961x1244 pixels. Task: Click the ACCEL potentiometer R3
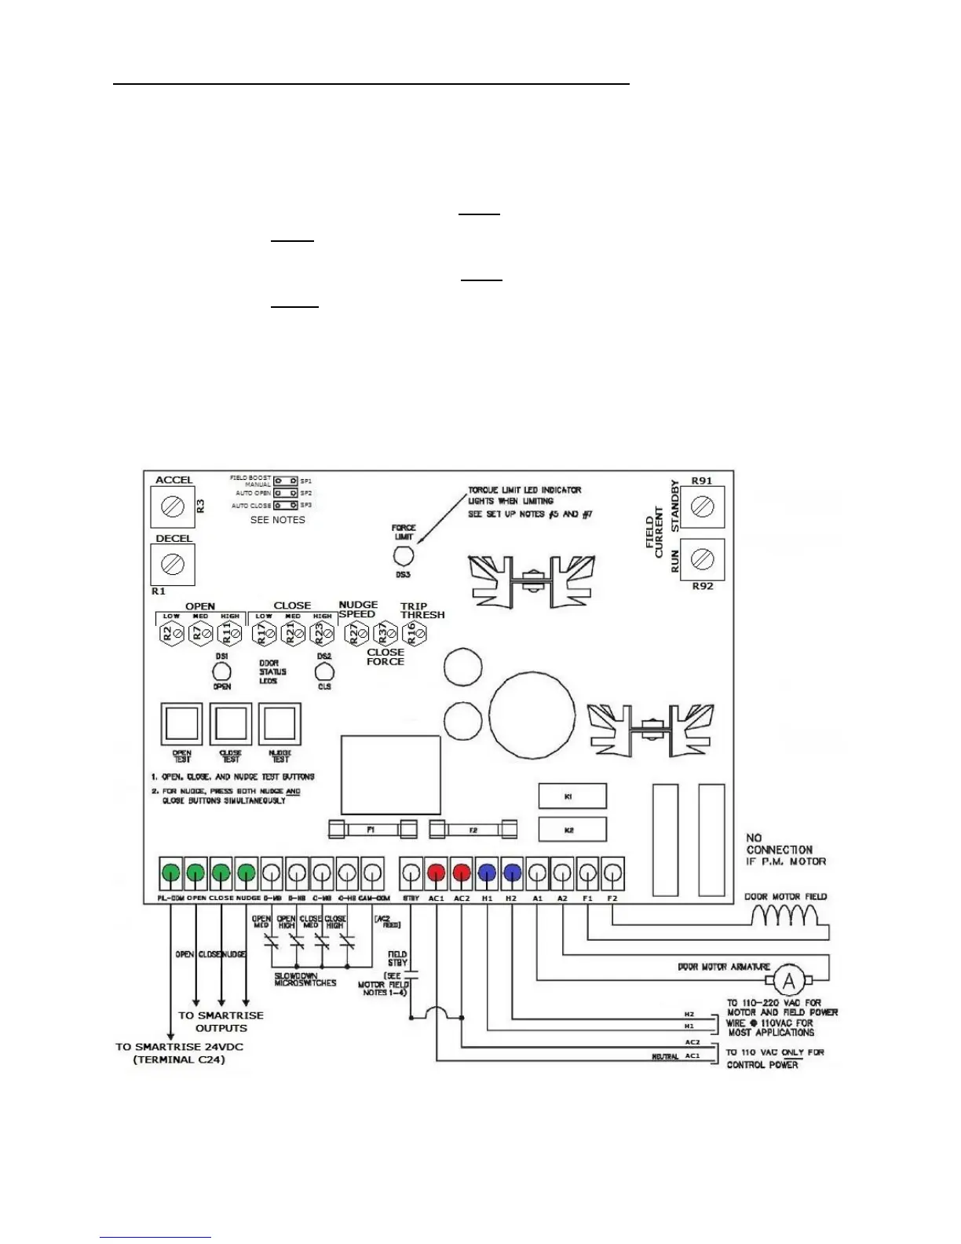(173, 507)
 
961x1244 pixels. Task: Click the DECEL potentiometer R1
(173, 564)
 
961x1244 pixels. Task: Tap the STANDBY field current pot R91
(703, 507)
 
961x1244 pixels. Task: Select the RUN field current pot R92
(703, 559)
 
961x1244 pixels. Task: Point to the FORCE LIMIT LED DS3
(403, 555)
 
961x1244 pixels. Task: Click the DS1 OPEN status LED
(222, 671)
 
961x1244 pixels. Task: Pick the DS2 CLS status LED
(324, 671)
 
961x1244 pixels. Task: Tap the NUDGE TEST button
(280, 723)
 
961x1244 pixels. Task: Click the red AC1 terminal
(437, 873)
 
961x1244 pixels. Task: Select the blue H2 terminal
(512, 873)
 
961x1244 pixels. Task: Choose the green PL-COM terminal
(170, 873)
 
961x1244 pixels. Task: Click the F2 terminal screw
(612, 873)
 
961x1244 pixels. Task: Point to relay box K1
(572, 796)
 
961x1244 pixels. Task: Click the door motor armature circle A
(790, 981)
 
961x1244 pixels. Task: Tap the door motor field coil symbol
(785, 916)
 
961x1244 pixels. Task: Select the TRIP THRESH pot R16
(413, 633)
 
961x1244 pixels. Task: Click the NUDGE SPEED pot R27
(357, 633)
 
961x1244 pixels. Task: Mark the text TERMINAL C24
(179, 1059)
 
